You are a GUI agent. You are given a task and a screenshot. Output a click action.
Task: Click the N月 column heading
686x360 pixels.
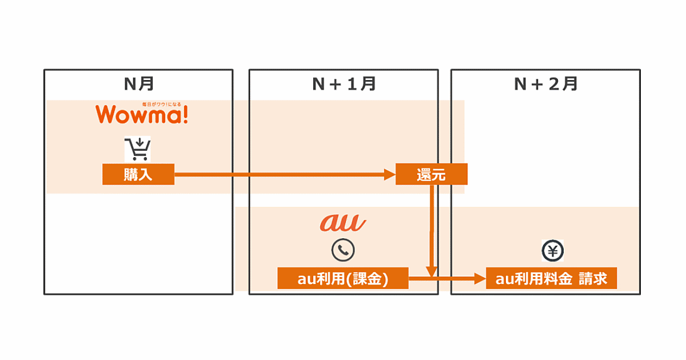[x=139, y=85]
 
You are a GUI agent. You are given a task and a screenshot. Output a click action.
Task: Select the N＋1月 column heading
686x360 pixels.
[x=344, y=85]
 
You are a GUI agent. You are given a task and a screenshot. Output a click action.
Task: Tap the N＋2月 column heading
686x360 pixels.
[x=545, y=85]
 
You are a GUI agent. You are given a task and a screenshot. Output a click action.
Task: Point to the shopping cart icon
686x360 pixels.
[x=138, y=149]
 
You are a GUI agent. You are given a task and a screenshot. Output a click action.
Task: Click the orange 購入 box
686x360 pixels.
[x=138, y=174]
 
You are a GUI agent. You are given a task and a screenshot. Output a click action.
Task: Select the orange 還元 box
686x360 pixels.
[x=431, y=174]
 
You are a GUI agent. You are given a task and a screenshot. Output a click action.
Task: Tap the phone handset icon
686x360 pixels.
[x=343, y=250]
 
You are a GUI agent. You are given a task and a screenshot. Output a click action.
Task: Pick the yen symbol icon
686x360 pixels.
[x=552, y=250]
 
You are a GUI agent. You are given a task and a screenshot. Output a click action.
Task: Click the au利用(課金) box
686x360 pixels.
[x=343, y=278]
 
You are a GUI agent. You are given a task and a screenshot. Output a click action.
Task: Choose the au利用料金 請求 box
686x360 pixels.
[x=551, y=278]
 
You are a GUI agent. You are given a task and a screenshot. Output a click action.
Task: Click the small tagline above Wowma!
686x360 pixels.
[x=161, y=104]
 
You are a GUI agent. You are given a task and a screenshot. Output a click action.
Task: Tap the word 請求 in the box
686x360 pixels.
[x=592, y=278]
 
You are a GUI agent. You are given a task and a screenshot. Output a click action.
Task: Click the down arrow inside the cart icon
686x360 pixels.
[x=139, y=142]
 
